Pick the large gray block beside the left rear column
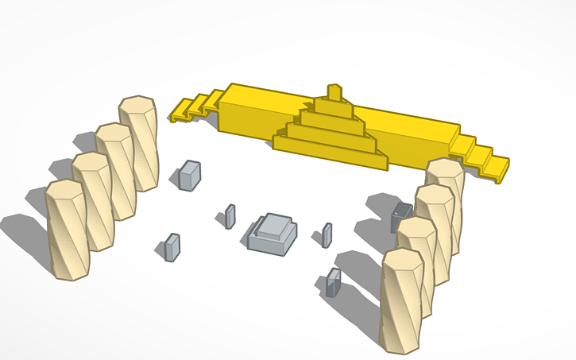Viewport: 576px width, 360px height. click(189, 176)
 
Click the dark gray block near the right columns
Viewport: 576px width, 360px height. click(401, 216)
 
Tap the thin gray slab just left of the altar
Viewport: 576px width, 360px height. click(230, 216)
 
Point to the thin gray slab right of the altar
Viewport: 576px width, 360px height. click(327, 235)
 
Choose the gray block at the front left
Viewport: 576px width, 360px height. click(172, 247)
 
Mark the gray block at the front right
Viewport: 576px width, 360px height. click(334, 282)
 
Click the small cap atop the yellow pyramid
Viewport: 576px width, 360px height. click(335, 92)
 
